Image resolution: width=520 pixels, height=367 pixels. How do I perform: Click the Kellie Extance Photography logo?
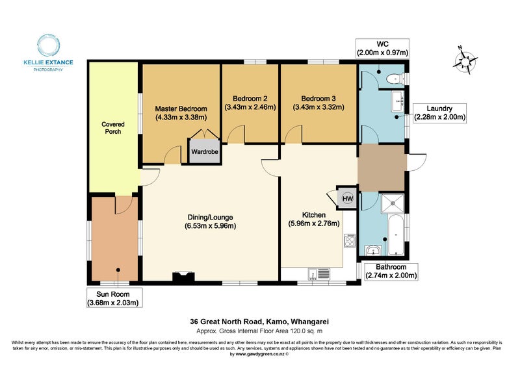(48, 52)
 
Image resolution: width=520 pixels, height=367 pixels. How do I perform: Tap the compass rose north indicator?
(466, 61)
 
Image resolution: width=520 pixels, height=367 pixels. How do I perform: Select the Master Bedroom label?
(181, 113)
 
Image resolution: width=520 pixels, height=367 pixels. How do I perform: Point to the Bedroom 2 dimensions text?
(250, 107)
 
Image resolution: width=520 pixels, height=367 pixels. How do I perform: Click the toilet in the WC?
(394, 79)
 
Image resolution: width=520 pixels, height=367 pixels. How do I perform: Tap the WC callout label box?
(382, 47)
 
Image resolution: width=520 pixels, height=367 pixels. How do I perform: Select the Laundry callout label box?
(439, 113)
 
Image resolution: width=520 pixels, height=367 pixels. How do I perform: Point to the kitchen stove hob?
(349, 241)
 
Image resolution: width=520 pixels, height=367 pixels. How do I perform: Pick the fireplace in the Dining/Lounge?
(183, 277)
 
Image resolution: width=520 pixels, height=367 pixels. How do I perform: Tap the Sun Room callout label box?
(114, 297)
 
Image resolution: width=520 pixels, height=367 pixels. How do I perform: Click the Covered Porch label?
(113, 127)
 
